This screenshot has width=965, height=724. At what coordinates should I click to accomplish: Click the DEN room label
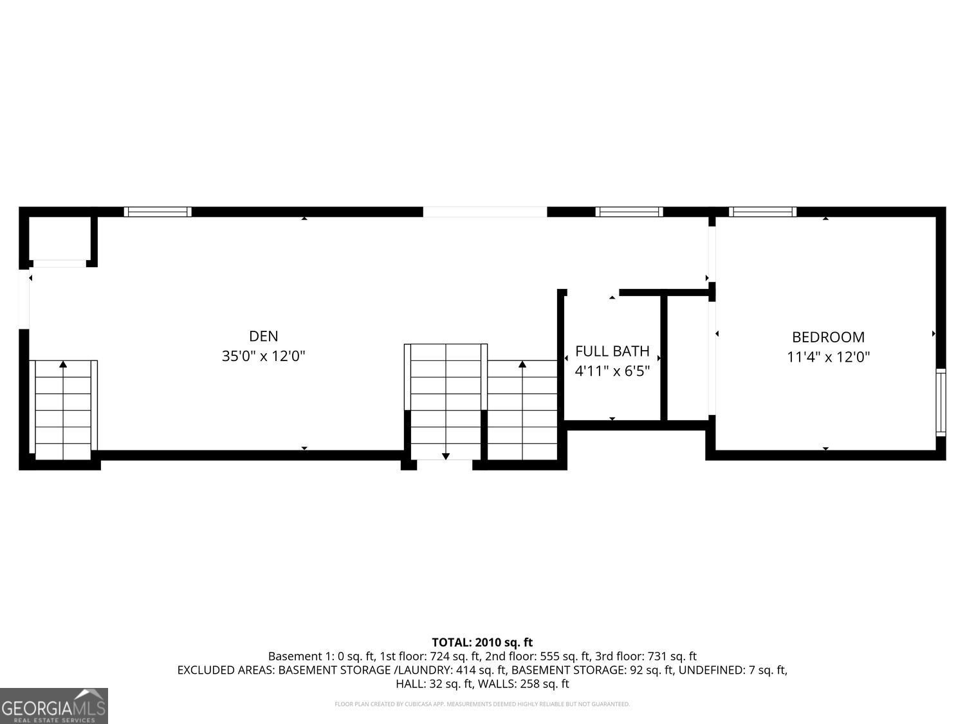[x=263, y=336]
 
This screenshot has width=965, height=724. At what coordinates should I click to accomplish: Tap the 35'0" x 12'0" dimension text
[x=263, y=356]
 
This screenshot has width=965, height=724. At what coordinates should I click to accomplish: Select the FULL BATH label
[x=612, y=351]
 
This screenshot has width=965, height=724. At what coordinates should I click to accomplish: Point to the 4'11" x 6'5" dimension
[x=612, y=371]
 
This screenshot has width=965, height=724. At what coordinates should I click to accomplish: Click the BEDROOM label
[x=828, y=337]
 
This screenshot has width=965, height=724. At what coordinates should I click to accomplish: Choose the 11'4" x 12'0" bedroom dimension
[x=828, y=357]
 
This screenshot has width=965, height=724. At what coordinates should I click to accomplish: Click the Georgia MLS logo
[x=54, y=706]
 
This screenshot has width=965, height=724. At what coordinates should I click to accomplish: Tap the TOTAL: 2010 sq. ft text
[x=482, y=642]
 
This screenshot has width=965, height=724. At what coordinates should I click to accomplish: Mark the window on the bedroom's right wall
[x=941, y=402]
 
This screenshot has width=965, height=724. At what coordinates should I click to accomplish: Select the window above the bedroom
[x=762, y=212]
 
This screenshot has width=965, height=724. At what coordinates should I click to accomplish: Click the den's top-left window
[x=158, y=212]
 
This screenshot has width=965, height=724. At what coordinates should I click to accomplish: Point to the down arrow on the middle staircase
[x=446, y=456]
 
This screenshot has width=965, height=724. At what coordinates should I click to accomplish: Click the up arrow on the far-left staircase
[x=63, y=365]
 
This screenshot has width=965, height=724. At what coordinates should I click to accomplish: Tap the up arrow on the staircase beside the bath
[x=522, y=365]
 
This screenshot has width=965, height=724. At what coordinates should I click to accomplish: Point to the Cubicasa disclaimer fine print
[x=482, y=704]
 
